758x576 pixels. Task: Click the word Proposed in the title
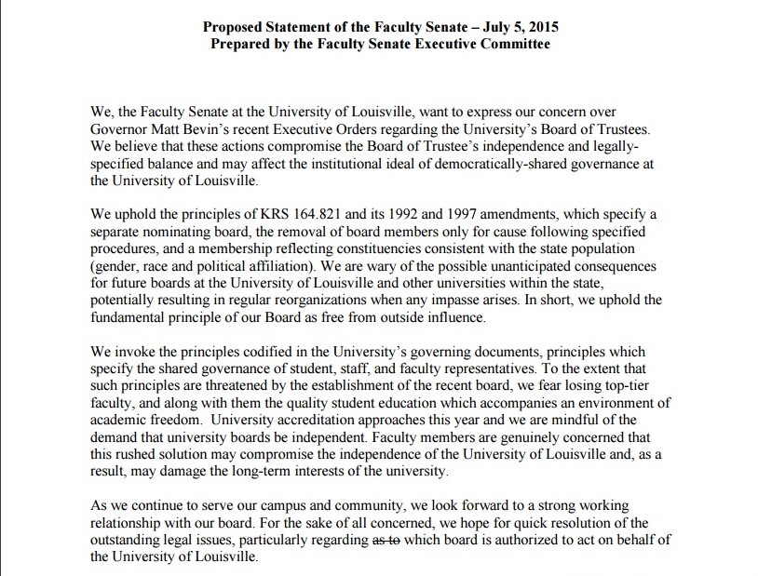(x=236, y=26)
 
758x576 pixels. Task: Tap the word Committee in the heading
(x=508, y=44)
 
